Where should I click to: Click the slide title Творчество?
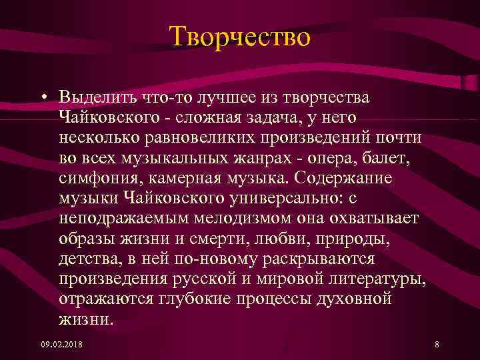coord(239,37)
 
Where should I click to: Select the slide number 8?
coord(436,345)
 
